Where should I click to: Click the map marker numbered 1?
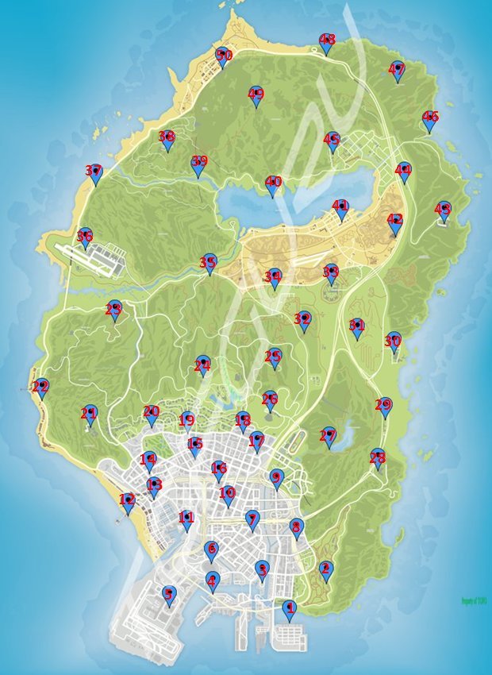pos(289,609)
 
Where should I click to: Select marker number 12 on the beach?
pos(128,501)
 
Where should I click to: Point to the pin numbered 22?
pos(41,388)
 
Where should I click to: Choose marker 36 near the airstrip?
pos(85,237)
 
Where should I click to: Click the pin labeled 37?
pos(95,172)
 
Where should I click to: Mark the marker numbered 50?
pos(223,56)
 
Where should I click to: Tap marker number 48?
pos(326,41)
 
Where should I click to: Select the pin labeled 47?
pos(397,70)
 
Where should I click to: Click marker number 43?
pos(443,210)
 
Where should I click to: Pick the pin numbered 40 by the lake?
pos(273,184)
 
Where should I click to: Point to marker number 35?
pos(209,262)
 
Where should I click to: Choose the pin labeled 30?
pos(394,341)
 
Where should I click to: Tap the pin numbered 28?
pos(378,457)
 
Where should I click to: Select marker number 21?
pos(90,414)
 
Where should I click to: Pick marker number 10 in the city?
pos(228,494)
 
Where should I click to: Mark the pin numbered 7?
pos(252,519)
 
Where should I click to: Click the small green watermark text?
pos(473,601)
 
